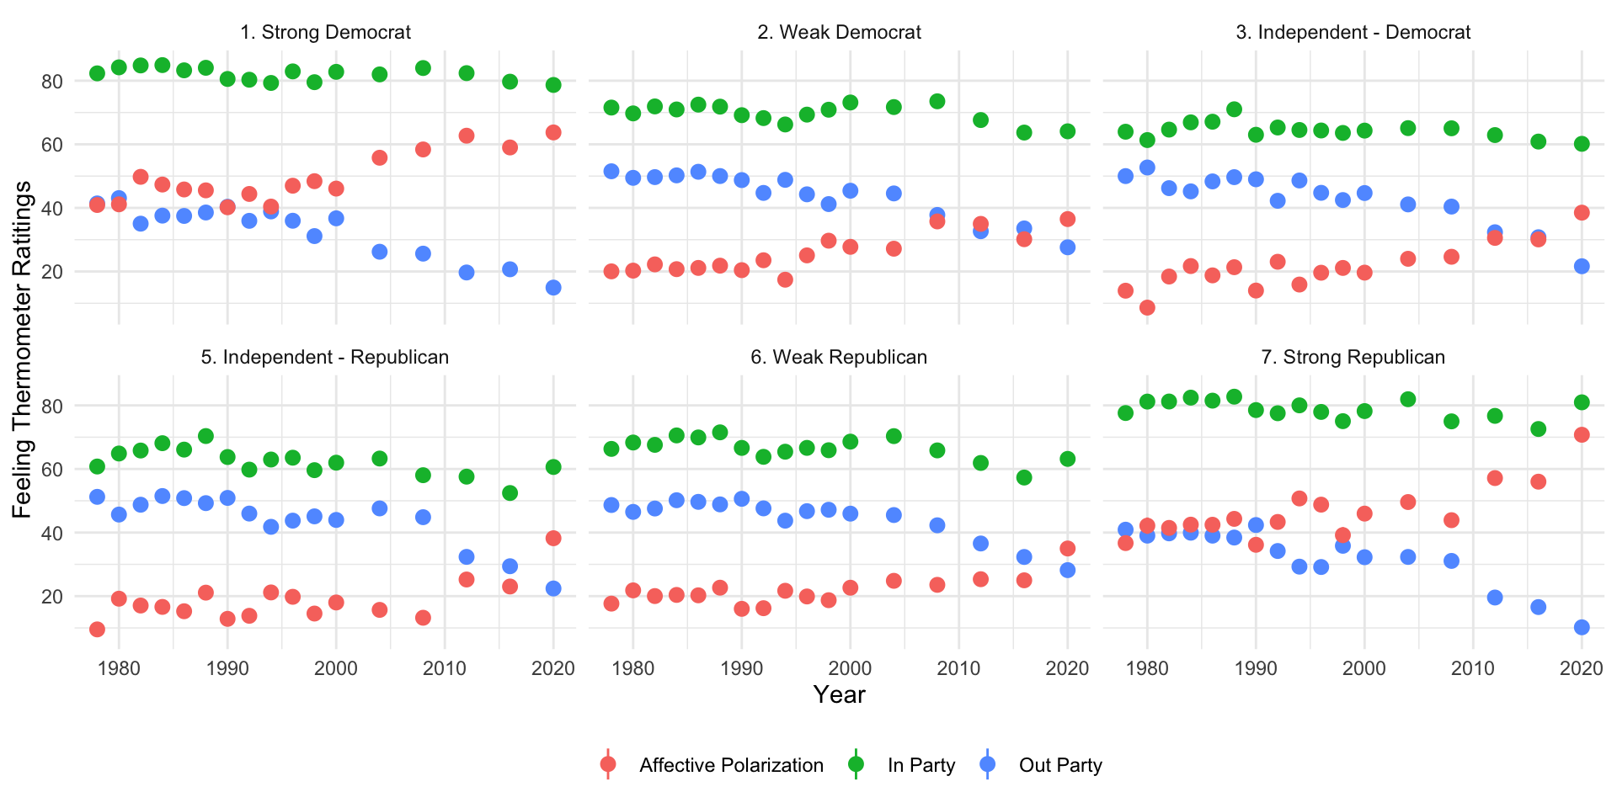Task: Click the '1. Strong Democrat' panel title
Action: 325,33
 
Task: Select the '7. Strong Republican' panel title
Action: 1353,358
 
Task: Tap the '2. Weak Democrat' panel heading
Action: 839,33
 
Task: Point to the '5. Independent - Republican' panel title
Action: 325,358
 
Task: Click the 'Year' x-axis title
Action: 839,695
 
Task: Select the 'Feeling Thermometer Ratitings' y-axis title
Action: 23,349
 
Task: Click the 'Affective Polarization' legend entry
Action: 730,765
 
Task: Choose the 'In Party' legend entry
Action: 921,765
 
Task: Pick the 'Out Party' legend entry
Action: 1059,765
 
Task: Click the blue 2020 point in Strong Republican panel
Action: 1582,627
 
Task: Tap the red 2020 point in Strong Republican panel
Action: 1582,434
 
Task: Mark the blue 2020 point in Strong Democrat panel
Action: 553,288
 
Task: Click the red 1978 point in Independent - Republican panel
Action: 97,630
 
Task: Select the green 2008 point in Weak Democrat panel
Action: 937,102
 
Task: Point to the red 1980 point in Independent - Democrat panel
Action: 1147,308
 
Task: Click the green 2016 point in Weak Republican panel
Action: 1024,477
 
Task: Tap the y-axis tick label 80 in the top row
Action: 52,82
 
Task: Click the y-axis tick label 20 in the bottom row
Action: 52,597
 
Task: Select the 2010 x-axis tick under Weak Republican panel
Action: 958,669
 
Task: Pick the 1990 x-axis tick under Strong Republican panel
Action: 1256,669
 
